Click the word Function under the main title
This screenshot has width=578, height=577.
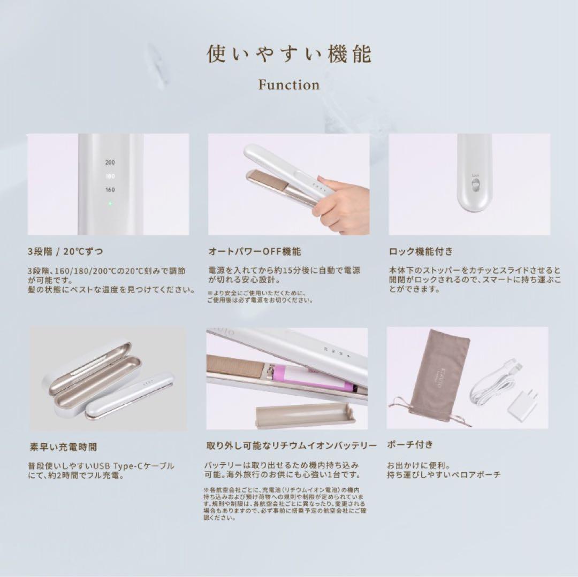tap(289, 85)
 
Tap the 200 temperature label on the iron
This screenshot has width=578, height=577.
tap(110, 162)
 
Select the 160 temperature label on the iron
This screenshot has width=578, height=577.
tap(110, 189)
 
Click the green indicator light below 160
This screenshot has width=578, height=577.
tap(110, 204)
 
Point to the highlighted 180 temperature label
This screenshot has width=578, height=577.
tap(110, 175)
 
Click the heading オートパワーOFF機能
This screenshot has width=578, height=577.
tap(254, 251)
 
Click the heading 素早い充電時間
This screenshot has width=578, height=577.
tap(63, 446)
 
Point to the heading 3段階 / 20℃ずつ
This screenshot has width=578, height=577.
tap(65, 251)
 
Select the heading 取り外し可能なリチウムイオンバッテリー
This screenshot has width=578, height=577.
tap(292, 445)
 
